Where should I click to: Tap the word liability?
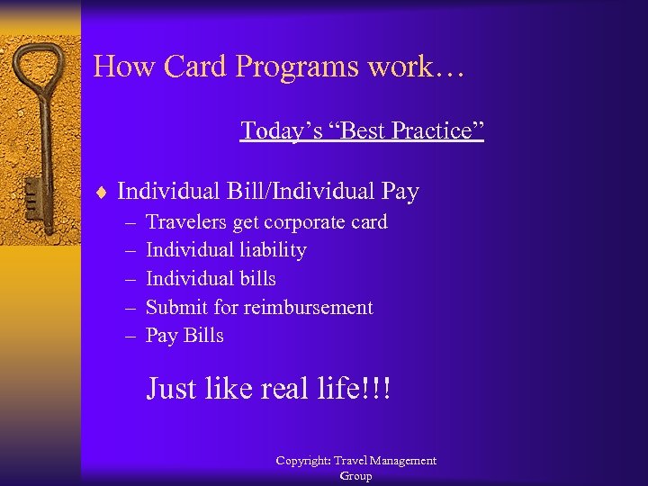pyautogui.click(x=270, y=250)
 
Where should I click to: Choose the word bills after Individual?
pyautogui.click(x=255, y=279)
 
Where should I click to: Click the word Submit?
pyautogui.click(x=175, y=308)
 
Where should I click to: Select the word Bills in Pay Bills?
pyautogui.click(x=203, y=336)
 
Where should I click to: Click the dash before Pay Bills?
pyautogui.click(x=129, y=336)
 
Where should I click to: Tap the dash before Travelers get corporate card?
pyautogui.click(x=129, y=222)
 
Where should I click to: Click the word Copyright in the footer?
pyautogui.click(x=303, y=461)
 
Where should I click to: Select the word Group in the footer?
pyautogui.click(x=355, y=476)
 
